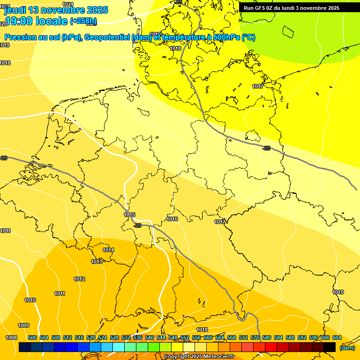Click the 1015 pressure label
tap(130, 215)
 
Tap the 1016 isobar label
tap(172, 219)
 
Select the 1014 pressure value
tap(108, 250)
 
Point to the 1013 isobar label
tap(97, 262)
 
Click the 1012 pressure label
tap(79, 279)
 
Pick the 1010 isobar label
tap(30, 300)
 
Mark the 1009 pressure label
tap(23, 325)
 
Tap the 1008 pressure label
tap(11, 337)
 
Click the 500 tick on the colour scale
tap(32, 337)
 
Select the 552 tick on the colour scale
tap(184, 337)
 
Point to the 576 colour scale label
tap(255, 337)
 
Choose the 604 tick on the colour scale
tap(337, 337)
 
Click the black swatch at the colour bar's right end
tap(330, 347)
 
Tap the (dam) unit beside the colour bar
tap(347, 348)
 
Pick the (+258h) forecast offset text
tap(83, 21)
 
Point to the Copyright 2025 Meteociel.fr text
tap(199, 356)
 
